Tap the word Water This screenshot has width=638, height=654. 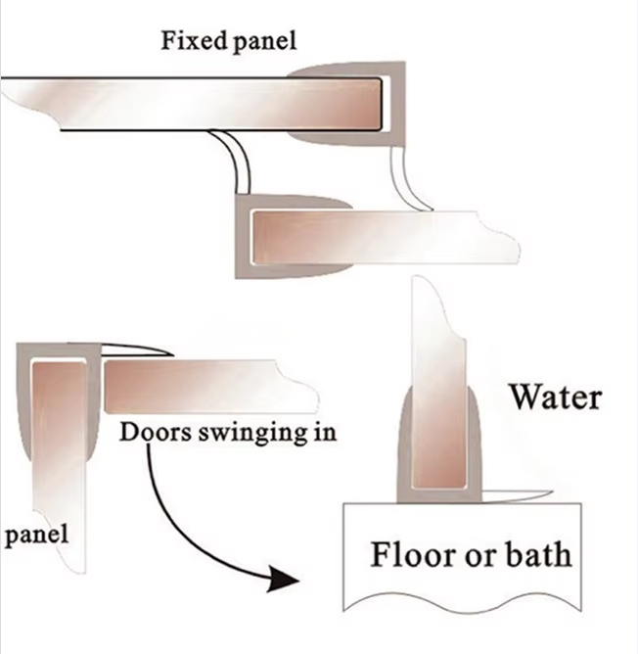click(x=555, y=397)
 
